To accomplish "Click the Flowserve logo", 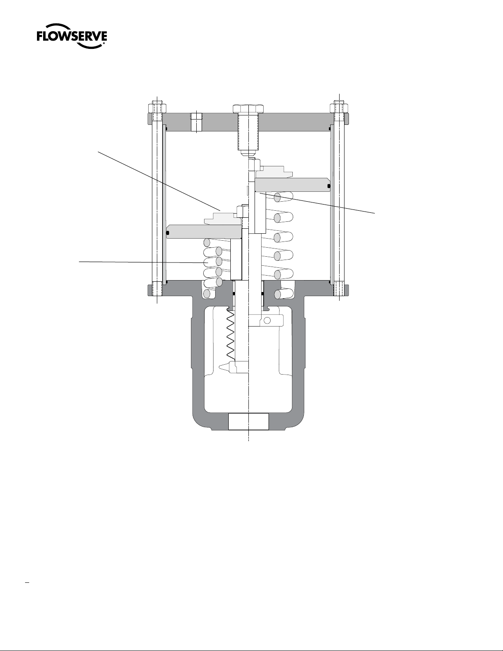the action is click(x=72, y=36).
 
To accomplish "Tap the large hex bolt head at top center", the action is click(x=248, y=109).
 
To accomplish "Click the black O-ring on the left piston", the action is click(x=168, y=232).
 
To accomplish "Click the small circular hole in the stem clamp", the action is click(x=268, y=320).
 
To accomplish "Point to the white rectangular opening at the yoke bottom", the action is click(x=248, y=421).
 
